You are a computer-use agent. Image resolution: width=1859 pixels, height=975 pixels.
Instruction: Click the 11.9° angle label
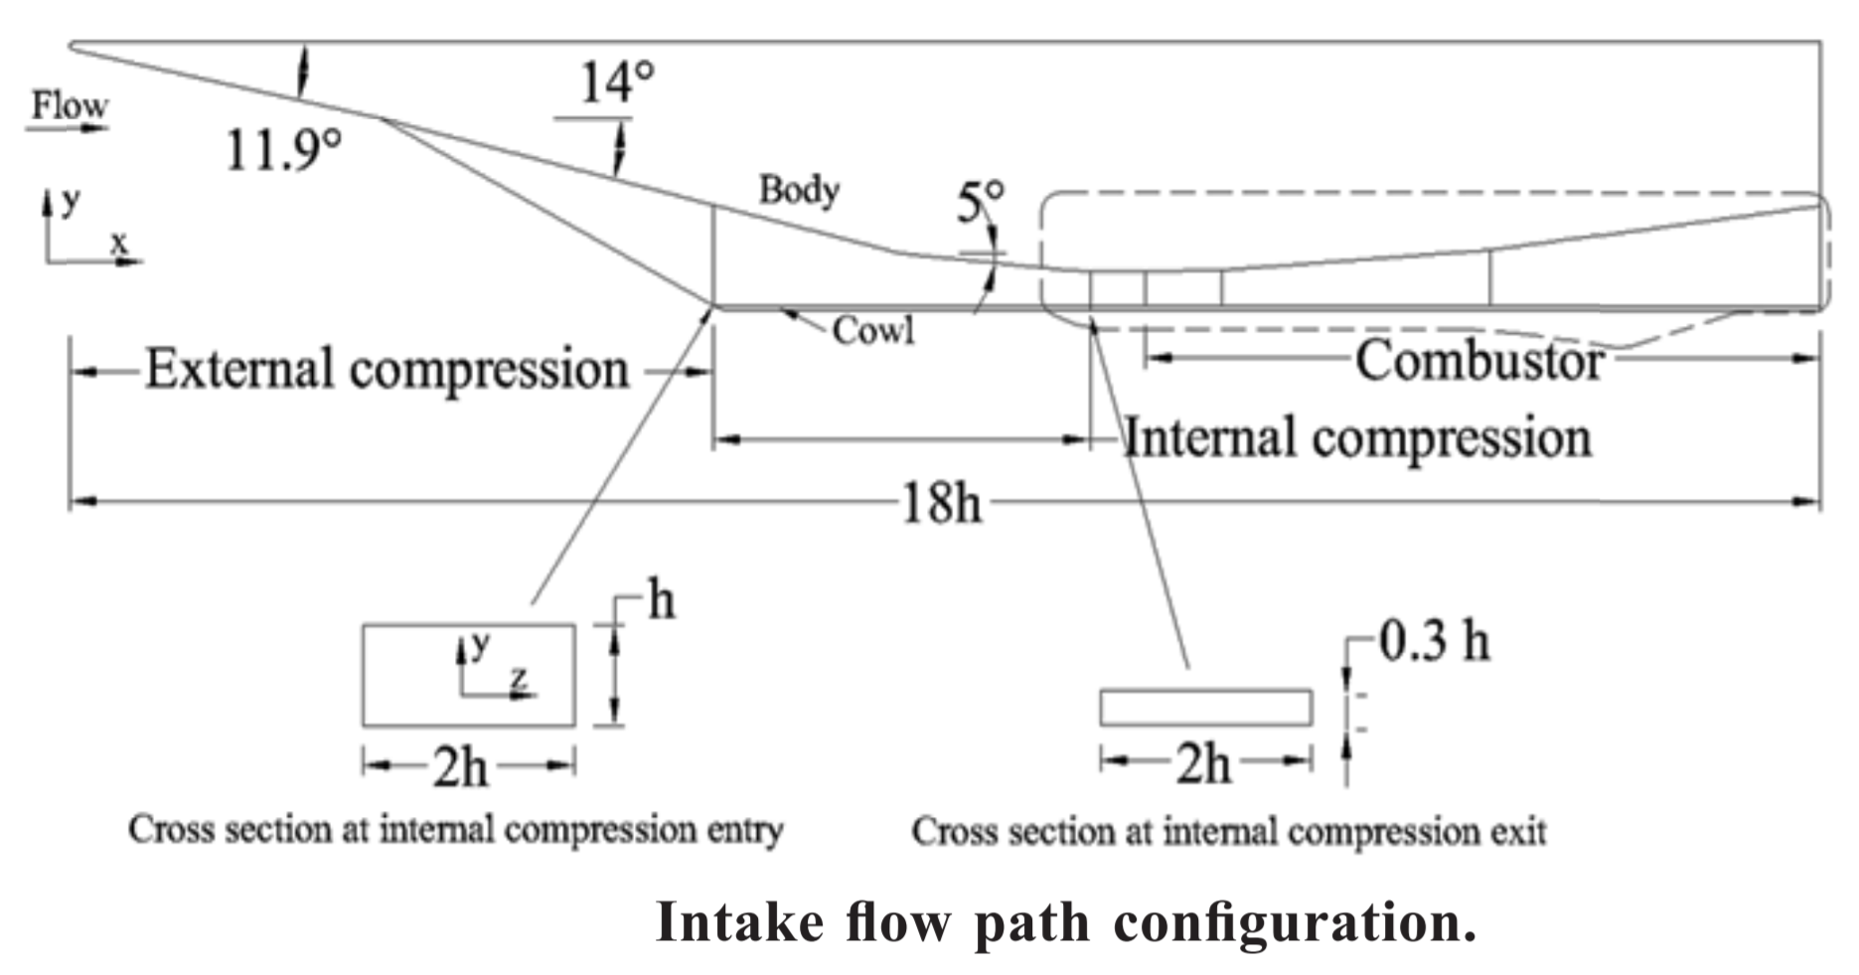click(x=283, y=150)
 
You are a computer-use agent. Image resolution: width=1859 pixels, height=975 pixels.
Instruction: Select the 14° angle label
click(x=616, y=81)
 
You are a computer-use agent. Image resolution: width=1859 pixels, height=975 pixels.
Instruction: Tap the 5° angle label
click(x=980, y=202)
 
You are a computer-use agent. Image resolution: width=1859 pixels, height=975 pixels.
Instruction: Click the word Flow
click(x=69, y=104)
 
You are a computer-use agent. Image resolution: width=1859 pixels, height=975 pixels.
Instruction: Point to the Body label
click(x=799, y=189)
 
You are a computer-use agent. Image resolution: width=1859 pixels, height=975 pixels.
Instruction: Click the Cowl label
click(x=873, y=330)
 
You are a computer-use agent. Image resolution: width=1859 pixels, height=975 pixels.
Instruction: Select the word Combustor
click(x=1479, y=360)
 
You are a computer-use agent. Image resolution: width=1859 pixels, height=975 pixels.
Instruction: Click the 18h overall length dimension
click(x=940, y=503)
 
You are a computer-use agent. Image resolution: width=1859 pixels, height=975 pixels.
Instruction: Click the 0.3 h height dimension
click(x=1435, y=641)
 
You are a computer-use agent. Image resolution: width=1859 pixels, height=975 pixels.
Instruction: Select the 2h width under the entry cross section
click(x=460, y=766)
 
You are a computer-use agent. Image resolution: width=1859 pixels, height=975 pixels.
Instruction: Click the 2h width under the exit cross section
click(x=1203, y=763)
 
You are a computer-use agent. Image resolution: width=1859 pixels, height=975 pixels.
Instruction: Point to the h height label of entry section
click(x=662, y=600)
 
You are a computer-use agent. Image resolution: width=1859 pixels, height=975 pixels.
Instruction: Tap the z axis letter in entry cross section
click(x=518, y=678)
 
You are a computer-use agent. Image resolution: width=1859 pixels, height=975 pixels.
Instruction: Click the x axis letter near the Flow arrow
click(x=119, y=243)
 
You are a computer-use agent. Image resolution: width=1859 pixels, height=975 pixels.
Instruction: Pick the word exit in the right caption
click(x=1518, y=831)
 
